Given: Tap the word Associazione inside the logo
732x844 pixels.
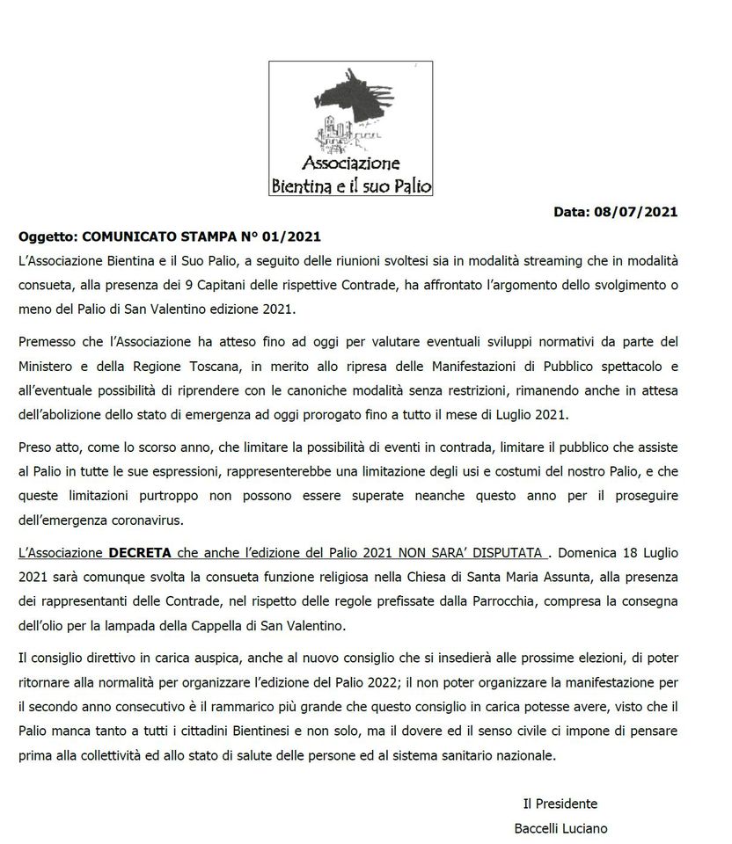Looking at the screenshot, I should pyautogui.click(x=351, y=163).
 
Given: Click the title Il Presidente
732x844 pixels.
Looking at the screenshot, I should pyautogui.click(x=560, y=804).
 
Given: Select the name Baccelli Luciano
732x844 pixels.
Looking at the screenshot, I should pyautogui.click(x=560, y=828).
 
